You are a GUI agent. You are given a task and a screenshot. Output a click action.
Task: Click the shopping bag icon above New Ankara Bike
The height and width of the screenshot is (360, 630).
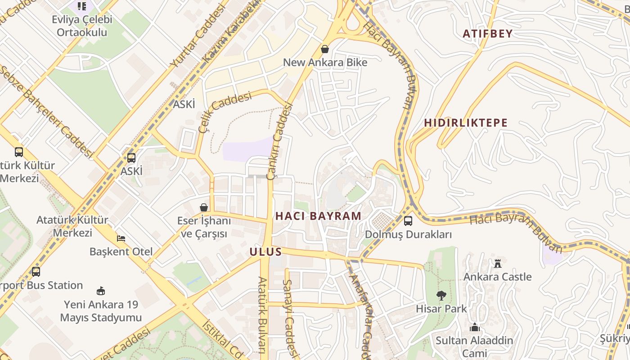324,49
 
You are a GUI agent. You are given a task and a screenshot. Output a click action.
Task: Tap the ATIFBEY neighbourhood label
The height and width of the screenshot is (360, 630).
488,34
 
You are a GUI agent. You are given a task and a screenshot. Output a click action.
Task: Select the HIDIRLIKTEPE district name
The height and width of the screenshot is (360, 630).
466,123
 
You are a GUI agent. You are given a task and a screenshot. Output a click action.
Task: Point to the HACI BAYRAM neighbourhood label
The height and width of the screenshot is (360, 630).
318,216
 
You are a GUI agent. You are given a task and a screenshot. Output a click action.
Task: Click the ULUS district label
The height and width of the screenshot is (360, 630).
265,252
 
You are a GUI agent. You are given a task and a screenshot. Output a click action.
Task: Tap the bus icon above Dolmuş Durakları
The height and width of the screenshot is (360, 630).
408,221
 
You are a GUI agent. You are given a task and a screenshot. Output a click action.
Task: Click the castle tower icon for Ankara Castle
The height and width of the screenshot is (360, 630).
497,263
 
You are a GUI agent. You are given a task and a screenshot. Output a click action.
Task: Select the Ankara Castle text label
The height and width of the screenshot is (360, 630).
497,277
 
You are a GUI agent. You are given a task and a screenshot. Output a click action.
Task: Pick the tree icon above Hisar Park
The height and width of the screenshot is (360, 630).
441,296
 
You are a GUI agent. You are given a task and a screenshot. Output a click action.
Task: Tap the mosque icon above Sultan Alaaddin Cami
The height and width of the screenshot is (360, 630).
474,327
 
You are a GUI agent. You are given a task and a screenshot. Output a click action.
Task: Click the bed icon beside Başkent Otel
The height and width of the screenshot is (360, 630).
121,238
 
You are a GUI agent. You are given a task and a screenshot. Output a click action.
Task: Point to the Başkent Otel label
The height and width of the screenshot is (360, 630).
121,252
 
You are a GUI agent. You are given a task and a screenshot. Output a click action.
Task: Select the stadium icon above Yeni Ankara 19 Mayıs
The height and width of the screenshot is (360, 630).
101,291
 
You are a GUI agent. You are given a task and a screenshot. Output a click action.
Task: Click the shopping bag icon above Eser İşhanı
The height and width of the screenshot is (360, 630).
204,207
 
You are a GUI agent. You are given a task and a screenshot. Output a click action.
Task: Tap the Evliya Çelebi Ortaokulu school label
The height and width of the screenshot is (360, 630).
82,26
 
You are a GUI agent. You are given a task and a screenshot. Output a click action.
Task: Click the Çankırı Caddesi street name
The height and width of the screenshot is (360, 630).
279,142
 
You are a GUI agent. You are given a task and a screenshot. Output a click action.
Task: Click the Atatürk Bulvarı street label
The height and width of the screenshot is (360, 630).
262,315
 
